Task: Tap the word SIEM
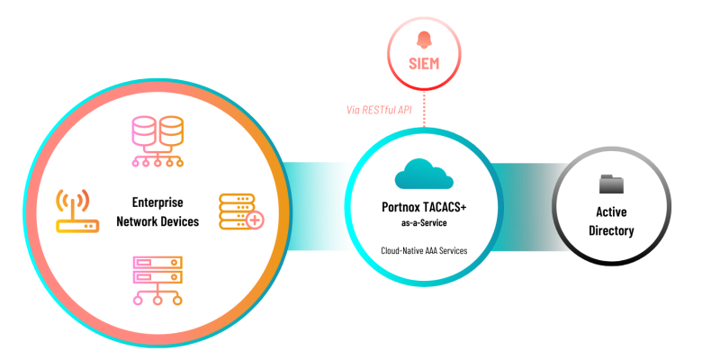pos(424,64)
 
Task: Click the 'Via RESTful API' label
pos(378,110)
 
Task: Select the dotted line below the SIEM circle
pos(424,112)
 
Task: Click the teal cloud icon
pos(423,174)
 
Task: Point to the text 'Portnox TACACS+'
pos(424,207)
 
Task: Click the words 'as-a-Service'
pos(424,222)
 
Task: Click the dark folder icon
pos(611,184)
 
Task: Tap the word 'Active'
pos(611,212)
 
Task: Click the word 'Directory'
pos(611,230)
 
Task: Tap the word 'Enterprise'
pos(157,203)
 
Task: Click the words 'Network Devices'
pos(157,221)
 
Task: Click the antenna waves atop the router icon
pos(75,198)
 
